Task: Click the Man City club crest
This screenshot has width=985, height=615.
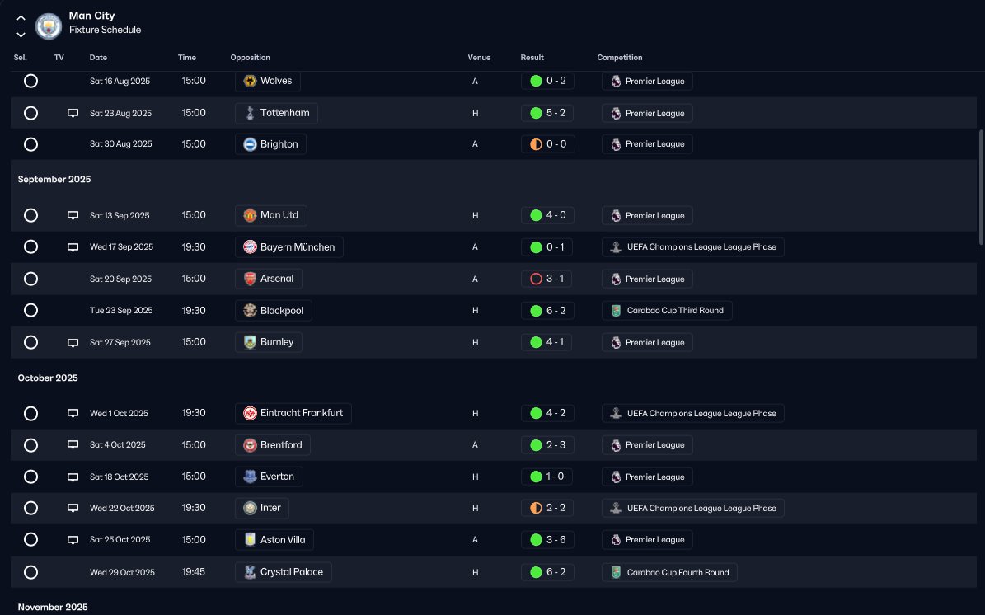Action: [x=49, y=26]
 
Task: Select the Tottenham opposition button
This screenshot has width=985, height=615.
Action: [x=276, y=113]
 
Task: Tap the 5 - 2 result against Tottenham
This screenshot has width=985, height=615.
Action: [x=547, y=113]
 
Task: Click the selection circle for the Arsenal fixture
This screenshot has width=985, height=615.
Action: [x=30, y=279]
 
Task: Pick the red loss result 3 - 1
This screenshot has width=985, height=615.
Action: [x=547, y=279]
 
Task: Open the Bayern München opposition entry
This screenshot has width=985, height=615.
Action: [x=288, y=247]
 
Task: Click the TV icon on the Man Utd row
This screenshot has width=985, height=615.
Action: [x=73, y=215]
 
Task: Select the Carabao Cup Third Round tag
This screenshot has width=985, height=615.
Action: [x=667, y=311]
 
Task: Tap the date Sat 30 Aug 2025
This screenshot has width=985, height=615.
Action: [x=120, y=144]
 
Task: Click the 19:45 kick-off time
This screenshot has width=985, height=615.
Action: [x=194, y=572]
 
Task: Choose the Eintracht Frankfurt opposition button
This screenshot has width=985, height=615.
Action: [x=293, y=413]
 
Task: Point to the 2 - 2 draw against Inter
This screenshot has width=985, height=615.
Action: [x=547, y=508]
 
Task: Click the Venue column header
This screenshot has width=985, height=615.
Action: [x=479, y=58]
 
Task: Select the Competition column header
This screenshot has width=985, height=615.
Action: [x=620, y=58]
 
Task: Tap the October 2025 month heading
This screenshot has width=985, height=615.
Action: [x=48, y=378]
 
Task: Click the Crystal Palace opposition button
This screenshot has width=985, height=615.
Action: [x=283, y=572]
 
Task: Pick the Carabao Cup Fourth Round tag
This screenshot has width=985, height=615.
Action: [x=669, y=572]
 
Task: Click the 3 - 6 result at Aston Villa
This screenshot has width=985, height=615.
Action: [x=547, y=540]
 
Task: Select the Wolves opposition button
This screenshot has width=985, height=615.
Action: [x=267, y=81]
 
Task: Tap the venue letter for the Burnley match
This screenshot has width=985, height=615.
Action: [x=475, y=342]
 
